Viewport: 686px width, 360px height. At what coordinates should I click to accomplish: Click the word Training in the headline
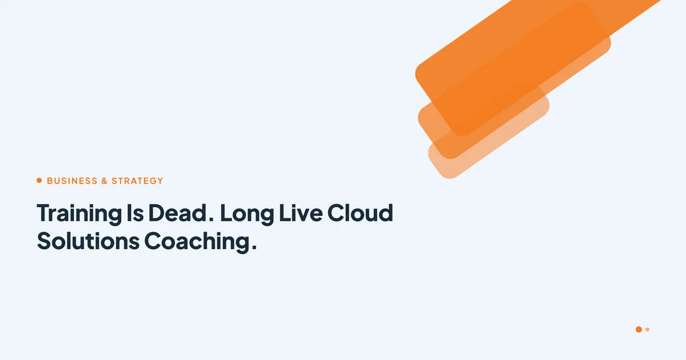coord(79,214)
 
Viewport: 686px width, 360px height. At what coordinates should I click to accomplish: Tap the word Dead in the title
coord(177,213)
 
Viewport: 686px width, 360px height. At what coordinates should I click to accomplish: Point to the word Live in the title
coord(301,213)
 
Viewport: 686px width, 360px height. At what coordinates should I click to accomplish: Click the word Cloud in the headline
coord(360,213)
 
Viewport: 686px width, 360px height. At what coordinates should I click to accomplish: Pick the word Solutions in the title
coord(88,241)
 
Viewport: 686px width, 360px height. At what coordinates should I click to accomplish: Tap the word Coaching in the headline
coord(197,242)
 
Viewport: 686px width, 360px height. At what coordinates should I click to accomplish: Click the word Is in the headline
coord(135,213)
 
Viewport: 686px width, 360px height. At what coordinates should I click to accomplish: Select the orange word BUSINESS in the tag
coord(72,181)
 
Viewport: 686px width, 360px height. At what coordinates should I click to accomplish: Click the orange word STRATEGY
coord(137,181)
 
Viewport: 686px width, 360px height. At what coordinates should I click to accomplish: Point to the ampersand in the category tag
coord(105,181)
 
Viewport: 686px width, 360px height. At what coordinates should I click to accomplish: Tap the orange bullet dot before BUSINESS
coord(39,181)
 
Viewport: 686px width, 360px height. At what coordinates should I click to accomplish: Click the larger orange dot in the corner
coord(639,329)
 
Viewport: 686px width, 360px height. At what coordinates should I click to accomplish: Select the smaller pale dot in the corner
coord(647,329)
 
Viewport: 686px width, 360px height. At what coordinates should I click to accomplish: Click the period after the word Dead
coord(211,219)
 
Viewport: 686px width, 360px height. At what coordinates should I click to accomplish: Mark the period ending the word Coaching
coord(254,247)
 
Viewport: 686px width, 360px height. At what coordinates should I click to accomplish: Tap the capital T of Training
coord(45,213)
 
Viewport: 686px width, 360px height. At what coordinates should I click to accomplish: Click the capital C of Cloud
coord(336,213)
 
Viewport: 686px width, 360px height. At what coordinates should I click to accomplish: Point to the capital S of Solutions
coord(44,241)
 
